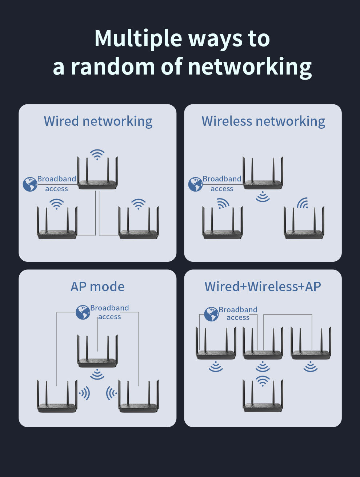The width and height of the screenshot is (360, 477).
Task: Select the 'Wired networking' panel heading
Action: coord(98,121)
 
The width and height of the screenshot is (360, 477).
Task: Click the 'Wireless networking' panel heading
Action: coord(263,121)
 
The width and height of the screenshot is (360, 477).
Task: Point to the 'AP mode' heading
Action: coord(97,286)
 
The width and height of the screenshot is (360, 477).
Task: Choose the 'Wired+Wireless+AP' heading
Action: coord(263,286)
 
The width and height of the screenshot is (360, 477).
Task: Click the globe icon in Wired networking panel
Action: coord(30,184)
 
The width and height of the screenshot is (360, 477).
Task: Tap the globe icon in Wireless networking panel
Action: coord(195,184)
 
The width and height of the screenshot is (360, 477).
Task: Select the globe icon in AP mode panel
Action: coord(83,312)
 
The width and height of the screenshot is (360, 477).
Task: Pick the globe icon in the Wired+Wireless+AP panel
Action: coord(211,314)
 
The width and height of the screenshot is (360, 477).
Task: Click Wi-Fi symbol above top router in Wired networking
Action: coord(97,155)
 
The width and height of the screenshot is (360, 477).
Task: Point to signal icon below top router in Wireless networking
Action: coord(263,197)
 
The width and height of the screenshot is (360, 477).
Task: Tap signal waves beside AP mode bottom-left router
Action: coord(84,393)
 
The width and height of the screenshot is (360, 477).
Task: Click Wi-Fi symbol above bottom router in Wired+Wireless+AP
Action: coord(263,381)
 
